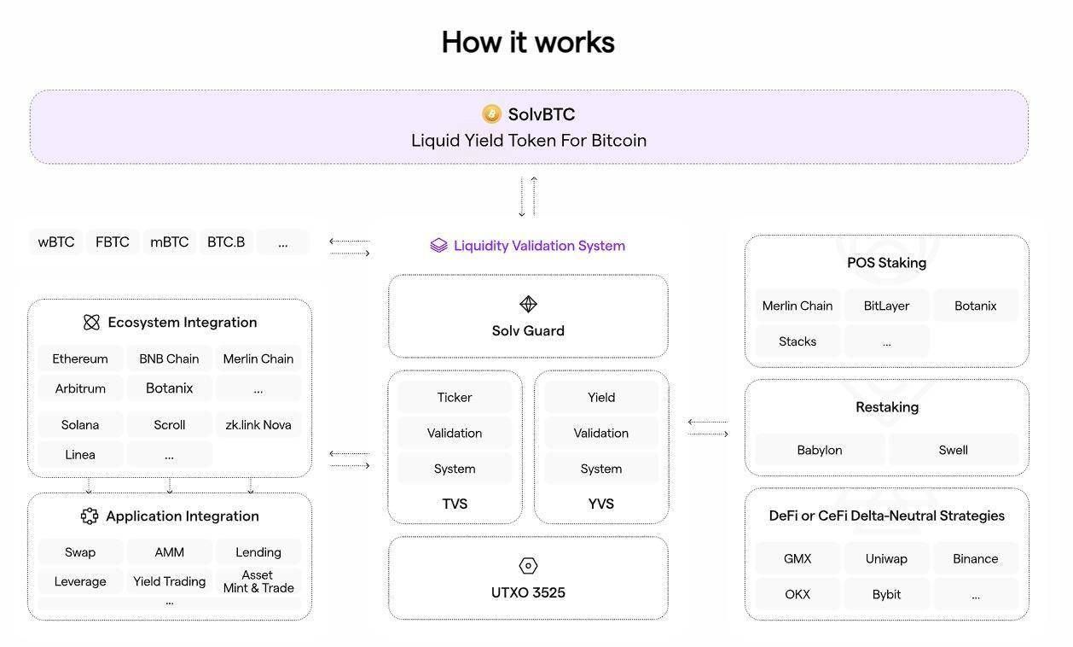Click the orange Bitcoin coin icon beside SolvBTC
click(x=491, y=114)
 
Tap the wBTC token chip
click(x=56, y=242)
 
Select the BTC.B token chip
click(x=226, y=242)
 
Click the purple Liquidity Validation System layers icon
click(x=438, y=246)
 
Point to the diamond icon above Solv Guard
click(x=528, y=304)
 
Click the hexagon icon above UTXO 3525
click(x=528, y=566)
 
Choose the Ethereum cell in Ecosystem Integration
click(x=80, y=358)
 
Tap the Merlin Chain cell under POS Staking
click(x=797, y=306)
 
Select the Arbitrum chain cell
click(x=80, y=388)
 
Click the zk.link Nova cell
click(x=258, y=424)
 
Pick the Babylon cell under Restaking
click(x=820, y=450)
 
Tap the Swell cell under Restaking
click(x=954, y=450)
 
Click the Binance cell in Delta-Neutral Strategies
click(x=975, y=559)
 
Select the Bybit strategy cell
click(x=886, y=594)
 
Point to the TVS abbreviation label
click(x=455, y=504)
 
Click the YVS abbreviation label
click(x=601, y=504)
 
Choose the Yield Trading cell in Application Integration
click(x=170, y=581)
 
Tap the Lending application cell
click(x=258, y=552)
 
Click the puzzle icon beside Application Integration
click(x=90, y=516)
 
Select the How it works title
click(x=528, y=43)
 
